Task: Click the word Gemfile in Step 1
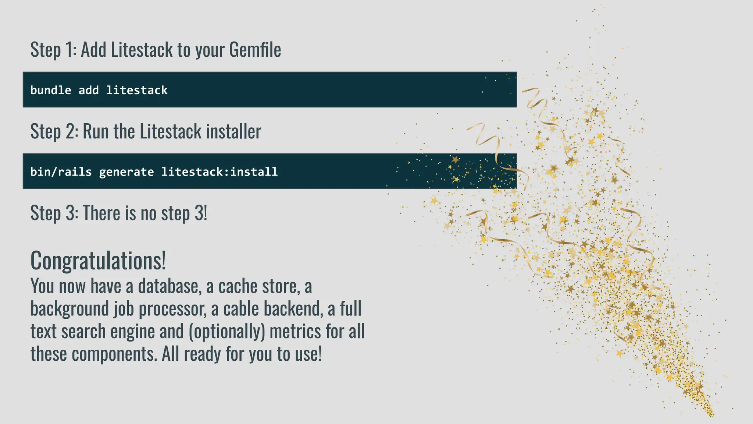(x=255, y=50)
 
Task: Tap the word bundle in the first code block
(x=51, y=90)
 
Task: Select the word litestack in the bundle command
(x=137, y=90)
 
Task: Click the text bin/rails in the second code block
(x=61, y=172)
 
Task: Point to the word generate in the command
(x=126, y=172)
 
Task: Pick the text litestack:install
(x=220, y=172)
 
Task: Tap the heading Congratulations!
(x=98, y=261)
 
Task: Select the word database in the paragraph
(x=169, y=286)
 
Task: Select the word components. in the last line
(x=114, y=354)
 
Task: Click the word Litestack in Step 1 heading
(x=142, y=50)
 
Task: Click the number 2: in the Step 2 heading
(x=72, y=131)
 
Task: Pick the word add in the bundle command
(x=89, y=90)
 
